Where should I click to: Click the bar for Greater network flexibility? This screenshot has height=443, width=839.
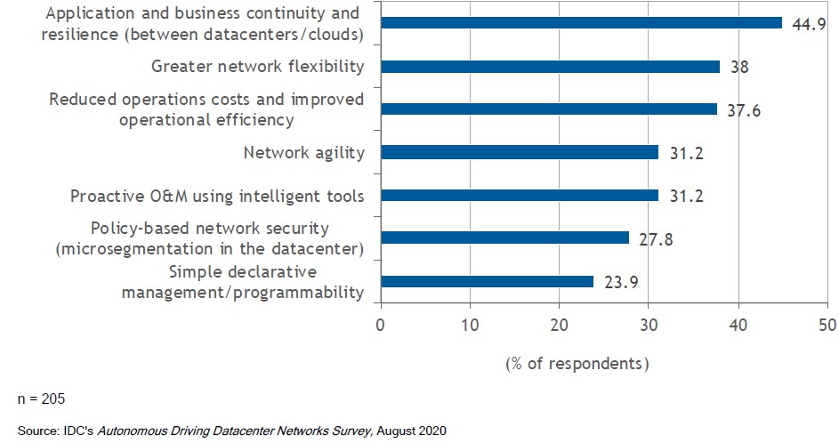coord(550,66)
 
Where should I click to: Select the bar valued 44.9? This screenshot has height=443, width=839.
coord(581,22)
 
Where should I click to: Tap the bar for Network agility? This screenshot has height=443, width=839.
coord(520,152)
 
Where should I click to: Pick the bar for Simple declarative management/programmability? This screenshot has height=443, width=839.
coord(487,281)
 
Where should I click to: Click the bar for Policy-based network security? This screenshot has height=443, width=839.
coord(504,238)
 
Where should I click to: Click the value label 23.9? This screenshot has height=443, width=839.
coord(619,282)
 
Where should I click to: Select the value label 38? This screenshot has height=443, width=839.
coord(738,66)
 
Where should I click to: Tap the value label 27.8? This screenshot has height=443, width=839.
coord(655,238)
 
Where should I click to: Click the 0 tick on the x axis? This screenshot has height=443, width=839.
coord(381,326)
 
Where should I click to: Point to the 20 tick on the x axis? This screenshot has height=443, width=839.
coord(560,326)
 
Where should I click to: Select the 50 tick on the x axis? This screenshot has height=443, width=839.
coord(827,326)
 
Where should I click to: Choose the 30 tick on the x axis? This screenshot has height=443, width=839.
coord(649,326)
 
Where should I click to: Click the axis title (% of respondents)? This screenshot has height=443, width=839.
coord(577,363)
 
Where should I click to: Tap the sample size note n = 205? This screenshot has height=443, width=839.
coord(41,398)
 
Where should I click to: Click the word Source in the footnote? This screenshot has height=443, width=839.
coord(36,431)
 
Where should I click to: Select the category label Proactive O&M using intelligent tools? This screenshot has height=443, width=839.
coord(217,196)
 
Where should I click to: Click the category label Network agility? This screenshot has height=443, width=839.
coord(304,152)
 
